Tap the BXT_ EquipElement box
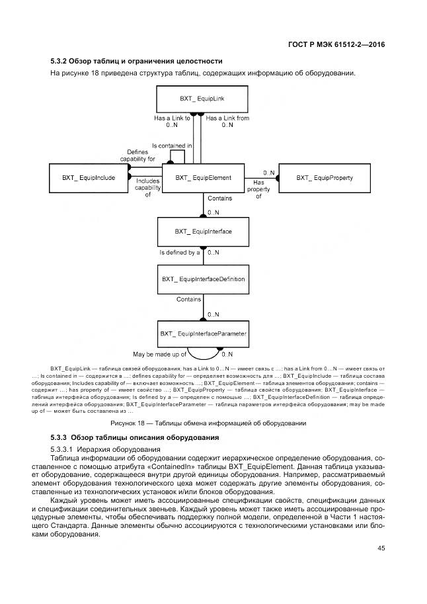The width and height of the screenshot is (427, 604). (x=203, y=177)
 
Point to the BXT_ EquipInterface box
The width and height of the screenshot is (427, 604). (x=203, y=232)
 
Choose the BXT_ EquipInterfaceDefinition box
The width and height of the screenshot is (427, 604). (x=203, y=279)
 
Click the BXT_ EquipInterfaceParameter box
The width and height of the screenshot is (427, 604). (x=203, y=334)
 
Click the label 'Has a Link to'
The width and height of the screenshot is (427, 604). (x=173, y=118)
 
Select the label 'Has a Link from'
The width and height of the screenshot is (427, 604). (x=227, y=118)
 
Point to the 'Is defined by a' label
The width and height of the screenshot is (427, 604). (x=179, y=252)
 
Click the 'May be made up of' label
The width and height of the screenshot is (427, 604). (x=159, y=354)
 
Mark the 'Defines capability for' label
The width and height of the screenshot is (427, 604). (x=137, y=155)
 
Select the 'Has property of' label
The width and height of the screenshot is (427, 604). (x=258, y=189)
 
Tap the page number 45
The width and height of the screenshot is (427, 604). (x=381, y=547)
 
